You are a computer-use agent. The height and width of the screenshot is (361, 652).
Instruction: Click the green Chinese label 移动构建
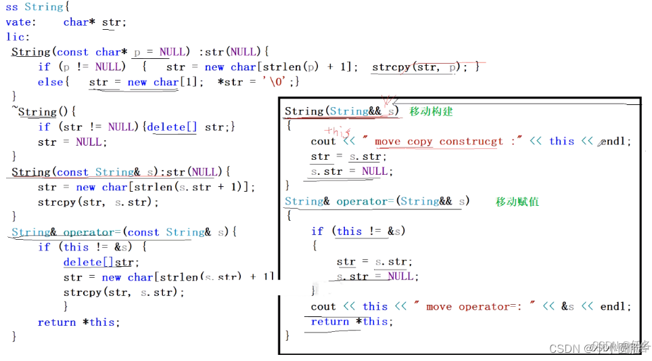tap(431, 111)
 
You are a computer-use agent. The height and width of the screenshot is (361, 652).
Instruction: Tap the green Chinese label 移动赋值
tap(517, 201)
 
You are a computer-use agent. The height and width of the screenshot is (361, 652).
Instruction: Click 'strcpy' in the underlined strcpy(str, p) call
tap(390, 66)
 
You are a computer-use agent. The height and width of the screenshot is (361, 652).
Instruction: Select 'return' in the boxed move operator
tap(329, 322)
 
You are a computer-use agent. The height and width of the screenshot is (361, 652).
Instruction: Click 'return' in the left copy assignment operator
tap(57, 322)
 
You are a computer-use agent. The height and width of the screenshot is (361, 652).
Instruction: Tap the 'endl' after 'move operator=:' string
tap(614, 307)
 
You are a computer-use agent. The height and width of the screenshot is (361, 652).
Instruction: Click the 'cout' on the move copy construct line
tap(323, 142)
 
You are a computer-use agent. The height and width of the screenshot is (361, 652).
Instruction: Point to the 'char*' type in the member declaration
tap(76, 22)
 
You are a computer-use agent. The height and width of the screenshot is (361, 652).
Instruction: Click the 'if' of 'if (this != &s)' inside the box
tap(317, 232)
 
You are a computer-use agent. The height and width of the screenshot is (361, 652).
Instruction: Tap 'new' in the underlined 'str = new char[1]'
tap(137, 82)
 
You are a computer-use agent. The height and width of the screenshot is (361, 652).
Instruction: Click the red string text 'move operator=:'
tap(472, 307)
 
